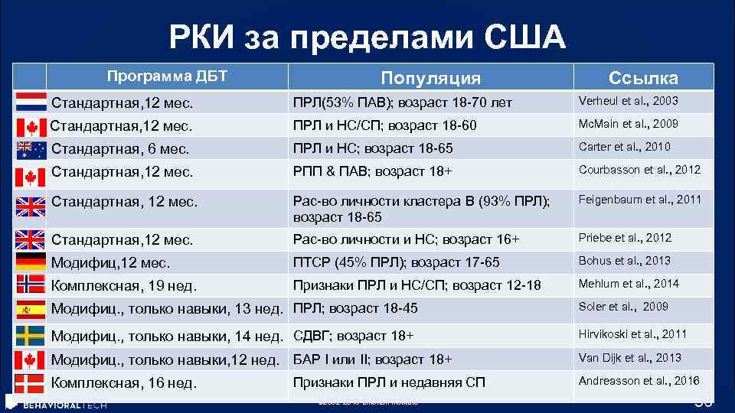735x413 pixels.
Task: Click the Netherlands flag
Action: coord(31,102)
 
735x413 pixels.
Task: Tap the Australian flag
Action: coord(31,149)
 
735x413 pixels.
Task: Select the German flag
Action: coord(31,262)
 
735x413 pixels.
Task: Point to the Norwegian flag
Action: coord(31,285)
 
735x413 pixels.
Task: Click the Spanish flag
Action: coord(31,310)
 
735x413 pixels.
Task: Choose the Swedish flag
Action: coord(31,335)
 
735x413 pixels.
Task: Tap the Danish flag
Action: coord(31,383)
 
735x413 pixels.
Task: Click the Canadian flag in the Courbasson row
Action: coord(31,177)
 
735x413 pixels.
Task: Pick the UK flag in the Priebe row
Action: coord(31,240)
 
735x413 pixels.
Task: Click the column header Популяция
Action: coord(430,78)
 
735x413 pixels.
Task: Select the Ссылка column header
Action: coord(643,78)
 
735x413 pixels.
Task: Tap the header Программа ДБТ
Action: coord(167,76)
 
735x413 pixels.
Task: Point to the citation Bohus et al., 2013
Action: coord(624,261)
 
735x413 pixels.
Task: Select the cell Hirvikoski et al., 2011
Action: coord(632,333)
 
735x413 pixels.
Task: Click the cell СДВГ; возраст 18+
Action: coord(353,335)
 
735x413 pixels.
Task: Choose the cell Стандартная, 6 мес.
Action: coord(120,149)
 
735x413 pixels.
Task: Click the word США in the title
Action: coord(524,37)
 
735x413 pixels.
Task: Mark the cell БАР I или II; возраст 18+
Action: coord(372,359)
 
